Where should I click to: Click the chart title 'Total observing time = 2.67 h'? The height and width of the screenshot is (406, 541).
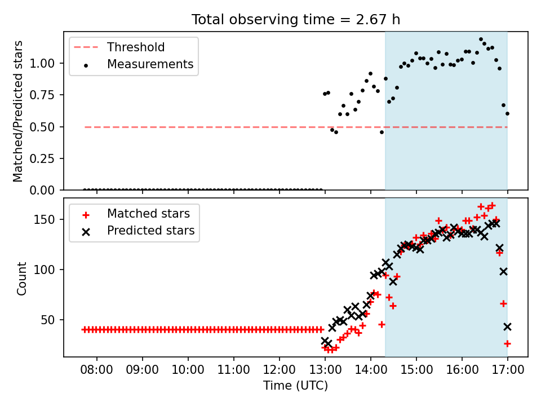[296, 19]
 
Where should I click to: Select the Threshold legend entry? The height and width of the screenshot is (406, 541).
[119, 47]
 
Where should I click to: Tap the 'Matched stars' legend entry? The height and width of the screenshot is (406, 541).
[136, 214]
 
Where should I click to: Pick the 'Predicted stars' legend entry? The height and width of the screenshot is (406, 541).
[138, 231]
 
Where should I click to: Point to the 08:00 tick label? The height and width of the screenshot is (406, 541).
[96, 369]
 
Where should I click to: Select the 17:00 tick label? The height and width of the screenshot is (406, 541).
[507, 369]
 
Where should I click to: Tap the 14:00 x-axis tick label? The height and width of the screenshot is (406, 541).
[371, 369]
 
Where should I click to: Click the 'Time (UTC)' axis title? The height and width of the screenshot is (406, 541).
[296, 385]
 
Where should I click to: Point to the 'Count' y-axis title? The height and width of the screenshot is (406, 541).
[21, 279]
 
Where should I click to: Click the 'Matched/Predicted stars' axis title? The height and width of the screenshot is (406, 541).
[17, 111]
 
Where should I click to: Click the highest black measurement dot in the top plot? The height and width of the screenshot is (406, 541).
[481, 39]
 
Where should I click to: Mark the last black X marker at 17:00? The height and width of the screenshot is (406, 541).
[507, 326]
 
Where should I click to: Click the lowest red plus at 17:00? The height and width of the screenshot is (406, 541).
[507, 343]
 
